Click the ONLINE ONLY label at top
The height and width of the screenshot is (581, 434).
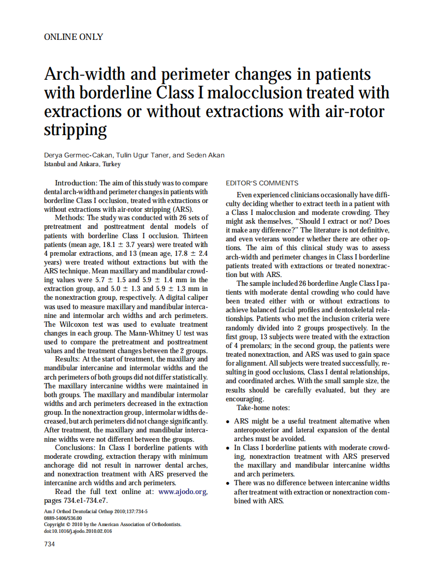click(74, 37)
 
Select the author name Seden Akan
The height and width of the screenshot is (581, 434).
click(206, 155)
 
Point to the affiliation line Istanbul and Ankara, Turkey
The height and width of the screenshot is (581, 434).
click(82, 164)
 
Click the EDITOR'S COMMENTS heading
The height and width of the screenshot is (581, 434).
click(262, 183)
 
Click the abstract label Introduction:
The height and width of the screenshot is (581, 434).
click(76, 183)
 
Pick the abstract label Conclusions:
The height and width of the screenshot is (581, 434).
click(76, 447)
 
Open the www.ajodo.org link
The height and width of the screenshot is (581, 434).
click(183, 491)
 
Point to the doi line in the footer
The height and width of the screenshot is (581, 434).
click(78, 531)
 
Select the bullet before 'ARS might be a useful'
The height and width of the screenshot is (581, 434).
click(228, 422)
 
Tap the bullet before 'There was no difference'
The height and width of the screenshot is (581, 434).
click(228, 483)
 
